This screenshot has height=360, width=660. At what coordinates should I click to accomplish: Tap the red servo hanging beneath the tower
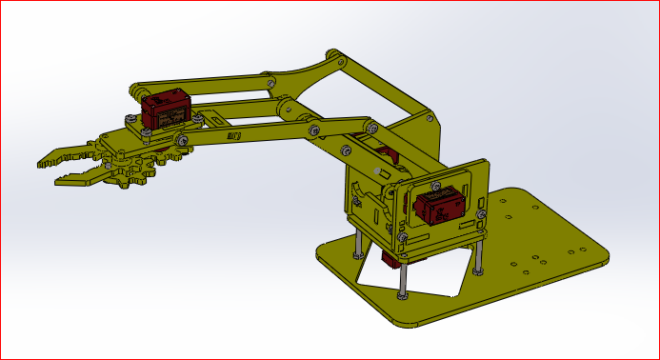[390, 258]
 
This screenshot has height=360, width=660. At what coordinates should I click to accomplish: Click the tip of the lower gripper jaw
[60, 179]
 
